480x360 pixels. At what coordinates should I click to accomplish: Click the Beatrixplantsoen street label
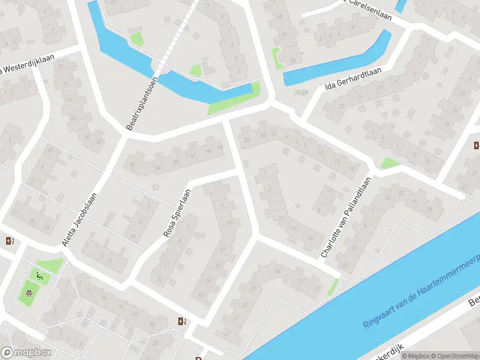click(x=142, y=103)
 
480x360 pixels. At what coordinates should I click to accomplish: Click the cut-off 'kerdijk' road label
click(x=393, y=349)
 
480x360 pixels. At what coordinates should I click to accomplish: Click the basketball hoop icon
click(x=28, y=294)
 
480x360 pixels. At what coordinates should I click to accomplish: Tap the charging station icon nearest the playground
click(x=10, y=241)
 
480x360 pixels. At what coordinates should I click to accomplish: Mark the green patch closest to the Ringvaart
click(x=332, y=287)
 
